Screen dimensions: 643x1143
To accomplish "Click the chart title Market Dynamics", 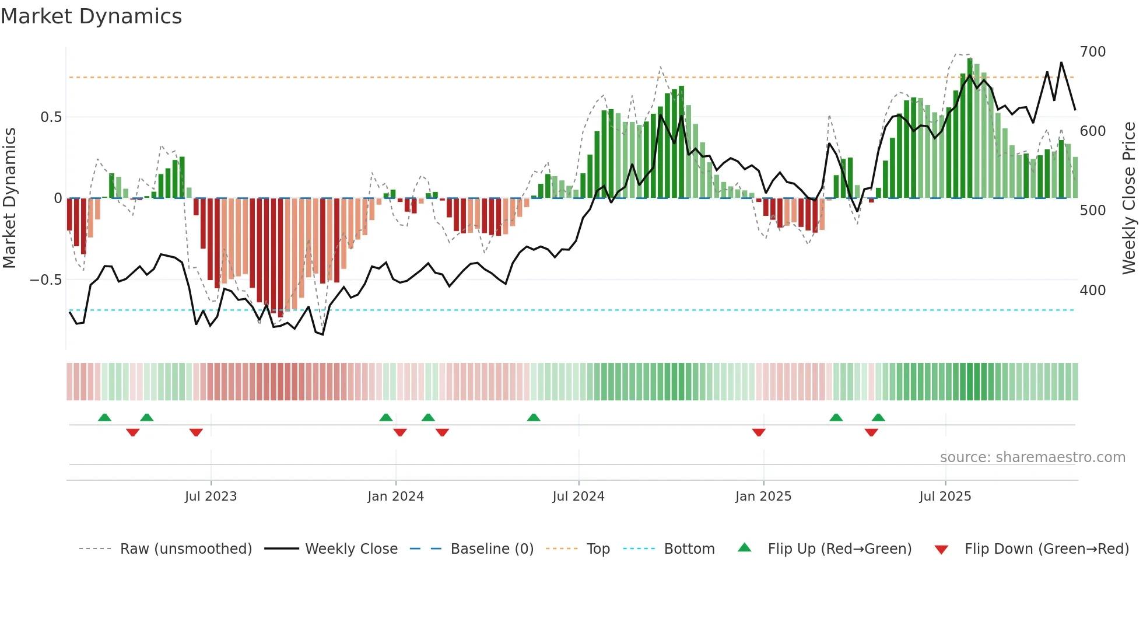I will pos(91,16).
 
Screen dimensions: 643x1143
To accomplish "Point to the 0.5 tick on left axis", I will pos(51,117).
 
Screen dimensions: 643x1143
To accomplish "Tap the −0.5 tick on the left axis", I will pos(46,280).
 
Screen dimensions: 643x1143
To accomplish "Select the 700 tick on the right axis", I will pos(1092,52).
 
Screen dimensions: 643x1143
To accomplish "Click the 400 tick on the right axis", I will pos(1092,290).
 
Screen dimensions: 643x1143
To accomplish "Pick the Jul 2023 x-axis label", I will pos(211,497).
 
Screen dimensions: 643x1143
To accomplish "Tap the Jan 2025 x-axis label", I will pos(763,497).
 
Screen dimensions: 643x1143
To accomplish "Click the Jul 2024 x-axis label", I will pos(578,497).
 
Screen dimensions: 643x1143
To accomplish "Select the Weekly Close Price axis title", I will pos(1129,198).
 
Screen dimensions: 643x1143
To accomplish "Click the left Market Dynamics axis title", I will pos(9,198).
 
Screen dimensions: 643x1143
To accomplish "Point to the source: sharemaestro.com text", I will pos(1032,457).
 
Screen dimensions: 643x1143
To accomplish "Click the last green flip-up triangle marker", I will pos(878,417).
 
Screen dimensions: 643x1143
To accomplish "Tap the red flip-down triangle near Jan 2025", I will pos(758,432).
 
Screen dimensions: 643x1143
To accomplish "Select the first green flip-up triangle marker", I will pos(104,417).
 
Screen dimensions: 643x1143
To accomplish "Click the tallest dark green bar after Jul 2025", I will pos(970,128).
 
